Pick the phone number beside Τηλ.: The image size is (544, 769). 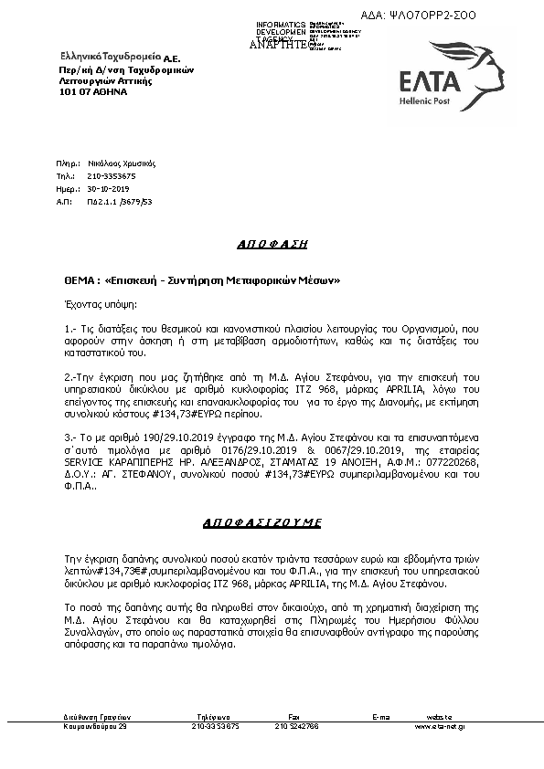(112, 175)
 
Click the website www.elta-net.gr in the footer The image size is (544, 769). (440, 726)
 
